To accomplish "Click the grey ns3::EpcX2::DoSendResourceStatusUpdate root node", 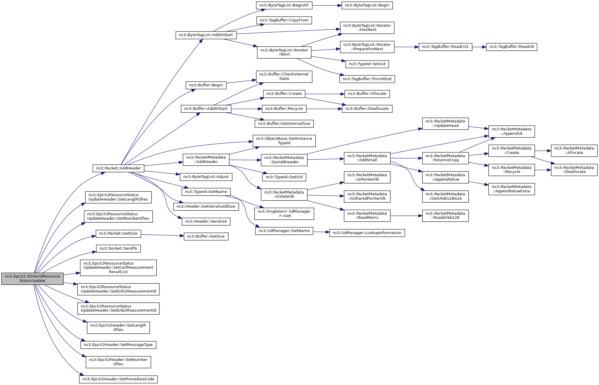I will (x=32, y=278).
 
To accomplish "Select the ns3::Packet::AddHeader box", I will (x=118, y=168).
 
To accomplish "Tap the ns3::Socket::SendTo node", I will (x=118, y=248).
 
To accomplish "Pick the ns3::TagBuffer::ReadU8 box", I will (x=511, y=47).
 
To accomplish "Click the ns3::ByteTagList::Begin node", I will (x=367, y=5).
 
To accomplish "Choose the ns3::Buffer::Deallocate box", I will (x=367, y=109).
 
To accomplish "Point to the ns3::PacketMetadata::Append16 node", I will (x=511, y=131).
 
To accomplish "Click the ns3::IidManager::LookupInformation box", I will (x=367, y=233).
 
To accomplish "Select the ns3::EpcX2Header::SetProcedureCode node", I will (x=118, y=379).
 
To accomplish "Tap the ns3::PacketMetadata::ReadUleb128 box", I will (x=445, y=216).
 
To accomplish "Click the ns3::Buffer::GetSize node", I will (x=206, y=236).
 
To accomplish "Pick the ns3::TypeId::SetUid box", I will (x=367, y=64).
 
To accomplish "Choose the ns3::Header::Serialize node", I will (x=206, y=221).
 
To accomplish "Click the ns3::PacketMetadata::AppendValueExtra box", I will (x=511, y=189).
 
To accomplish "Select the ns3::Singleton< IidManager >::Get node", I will (x=284, y=213).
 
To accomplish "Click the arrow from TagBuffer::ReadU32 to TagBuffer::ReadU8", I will (x=479, y=47).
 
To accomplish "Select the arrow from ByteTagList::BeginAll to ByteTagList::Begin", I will (x=327, y=5).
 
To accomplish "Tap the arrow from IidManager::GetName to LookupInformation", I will (x=321, y=232).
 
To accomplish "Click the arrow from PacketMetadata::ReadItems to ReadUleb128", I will (x=406, y=216).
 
